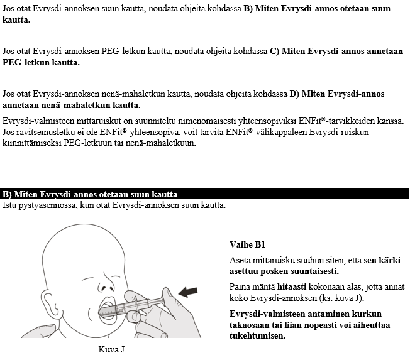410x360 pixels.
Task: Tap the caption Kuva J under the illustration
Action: [x=111, y=349]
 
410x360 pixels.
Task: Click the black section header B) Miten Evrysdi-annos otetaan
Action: [x=90, y=195]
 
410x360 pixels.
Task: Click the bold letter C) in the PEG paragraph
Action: [x=274, y=52]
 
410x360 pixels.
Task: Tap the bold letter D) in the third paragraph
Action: [x=294, y=94]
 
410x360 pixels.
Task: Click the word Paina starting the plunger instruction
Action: [x=240, y=286]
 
